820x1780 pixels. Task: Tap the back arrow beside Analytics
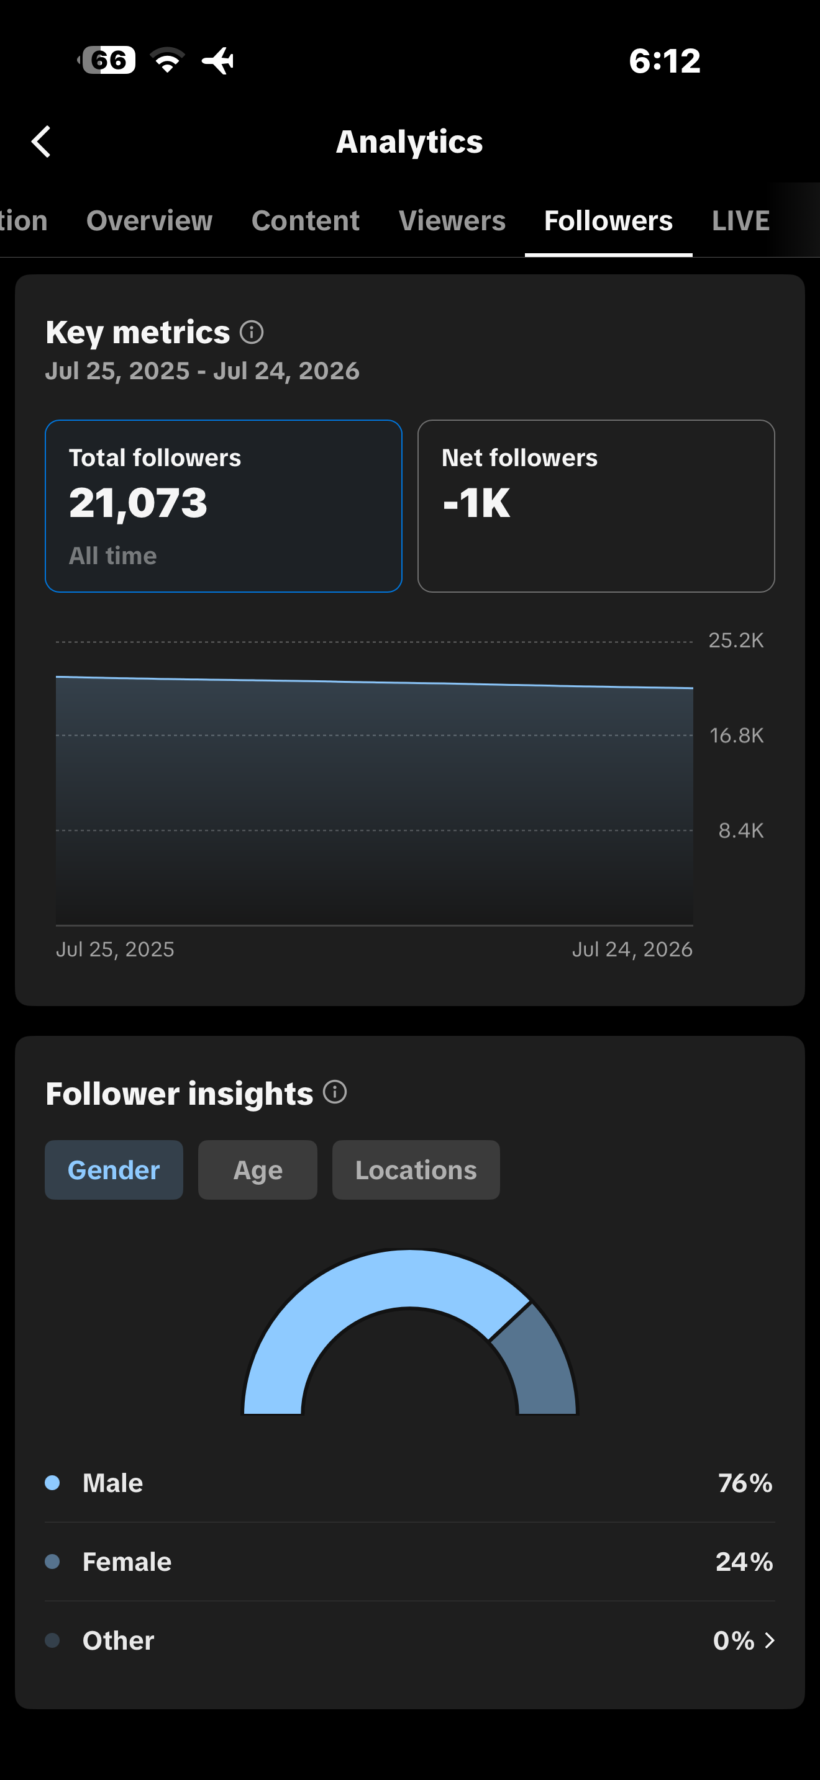point(41,142)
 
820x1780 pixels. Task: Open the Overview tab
point(149,221)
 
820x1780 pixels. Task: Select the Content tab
point(306,221)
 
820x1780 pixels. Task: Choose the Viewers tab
point(452,221)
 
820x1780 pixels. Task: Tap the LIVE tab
point(740,221)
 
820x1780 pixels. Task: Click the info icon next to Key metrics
point(252,333)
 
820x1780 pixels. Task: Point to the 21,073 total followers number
point(139,503)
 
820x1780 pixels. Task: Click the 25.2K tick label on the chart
point(736,641)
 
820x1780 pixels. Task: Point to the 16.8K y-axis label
point(737,735)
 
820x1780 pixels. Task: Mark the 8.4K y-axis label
point(741,830)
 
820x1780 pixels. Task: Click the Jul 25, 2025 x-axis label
point(116,950)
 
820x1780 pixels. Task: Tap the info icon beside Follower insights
point(335,1092)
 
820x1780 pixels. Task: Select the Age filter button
point(258,1170)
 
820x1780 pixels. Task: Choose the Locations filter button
point(416,1170)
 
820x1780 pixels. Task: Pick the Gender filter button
point(114,1170)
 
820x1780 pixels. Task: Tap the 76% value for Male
point(745,1483)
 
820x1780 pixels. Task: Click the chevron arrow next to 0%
point(770,1640)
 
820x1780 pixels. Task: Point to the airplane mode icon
point(219,61)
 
